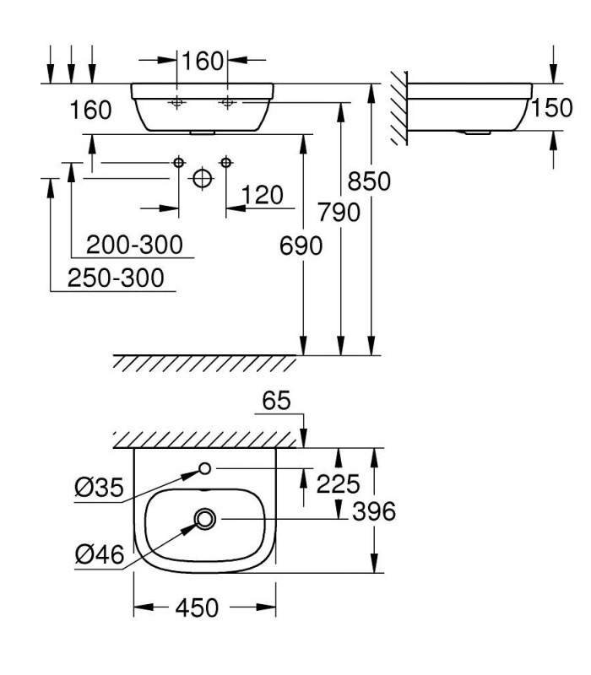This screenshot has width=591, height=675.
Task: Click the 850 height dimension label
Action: click(369, 181)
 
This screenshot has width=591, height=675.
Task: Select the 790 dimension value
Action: click(339, 213)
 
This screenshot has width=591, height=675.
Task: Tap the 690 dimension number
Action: click(301, 246)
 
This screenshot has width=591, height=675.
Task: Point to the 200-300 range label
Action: click(134, 245)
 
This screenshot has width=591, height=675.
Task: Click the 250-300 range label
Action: click(116, 278)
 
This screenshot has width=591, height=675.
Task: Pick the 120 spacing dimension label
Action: click(262, 195)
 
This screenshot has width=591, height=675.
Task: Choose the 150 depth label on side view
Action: click(551, 108)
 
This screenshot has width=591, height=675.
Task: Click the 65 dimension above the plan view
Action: click(277, 400)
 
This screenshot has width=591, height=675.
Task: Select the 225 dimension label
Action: click(338, 483)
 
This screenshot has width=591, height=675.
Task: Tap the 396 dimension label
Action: click(373, 511)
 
